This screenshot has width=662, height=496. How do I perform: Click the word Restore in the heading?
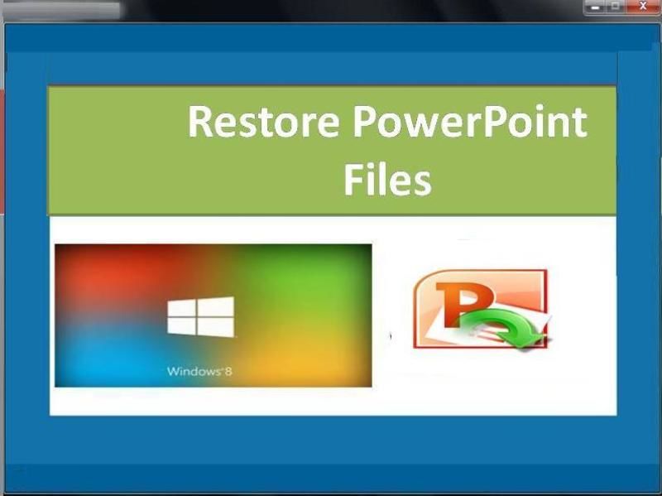[x=263, y=122]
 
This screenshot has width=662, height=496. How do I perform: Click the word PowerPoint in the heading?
[x=470, y=122]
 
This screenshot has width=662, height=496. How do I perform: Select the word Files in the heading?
[x=387, y=180]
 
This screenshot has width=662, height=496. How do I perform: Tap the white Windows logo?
[x=200, y=316]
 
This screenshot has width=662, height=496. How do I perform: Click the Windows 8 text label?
[x=199, y=371]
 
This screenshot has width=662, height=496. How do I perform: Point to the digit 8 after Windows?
[x=228, y=371]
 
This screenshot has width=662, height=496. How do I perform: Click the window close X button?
[x=643, y=7]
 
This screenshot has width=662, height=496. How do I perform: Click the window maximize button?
[x=615, y=7]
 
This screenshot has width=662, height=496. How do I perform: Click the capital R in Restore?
[x=200, y=122]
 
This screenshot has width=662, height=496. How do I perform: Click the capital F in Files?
[x=353, y=180]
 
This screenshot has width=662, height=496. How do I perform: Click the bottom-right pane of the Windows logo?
[x=216, y=327]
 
